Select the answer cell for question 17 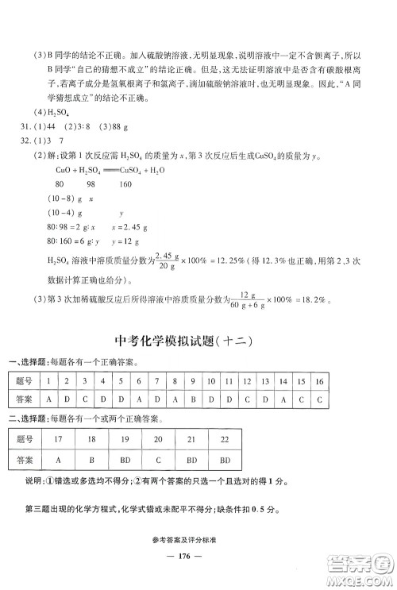point(60,460)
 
